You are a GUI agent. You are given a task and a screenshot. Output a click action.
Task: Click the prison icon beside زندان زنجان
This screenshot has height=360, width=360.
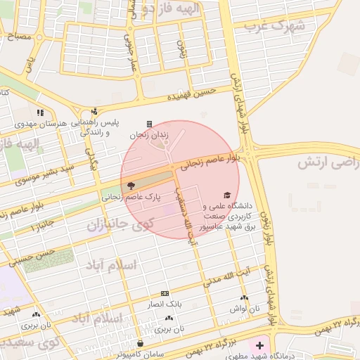148,124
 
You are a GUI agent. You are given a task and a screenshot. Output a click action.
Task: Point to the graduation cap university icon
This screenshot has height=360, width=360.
226,195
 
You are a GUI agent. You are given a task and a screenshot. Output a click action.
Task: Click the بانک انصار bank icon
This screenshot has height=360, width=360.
165,293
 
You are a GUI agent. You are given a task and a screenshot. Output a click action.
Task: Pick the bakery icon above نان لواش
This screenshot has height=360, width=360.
243,298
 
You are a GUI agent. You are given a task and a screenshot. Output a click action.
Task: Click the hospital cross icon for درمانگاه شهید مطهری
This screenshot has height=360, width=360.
260,345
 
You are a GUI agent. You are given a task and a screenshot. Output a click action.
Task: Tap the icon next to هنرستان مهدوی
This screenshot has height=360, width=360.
41,112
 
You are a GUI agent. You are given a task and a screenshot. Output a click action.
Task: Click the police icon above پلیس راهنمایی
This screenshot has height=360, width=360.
95,110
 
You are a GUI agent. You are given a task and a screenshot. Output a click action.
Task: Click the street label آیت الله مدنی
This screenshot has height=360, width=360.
227,276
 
